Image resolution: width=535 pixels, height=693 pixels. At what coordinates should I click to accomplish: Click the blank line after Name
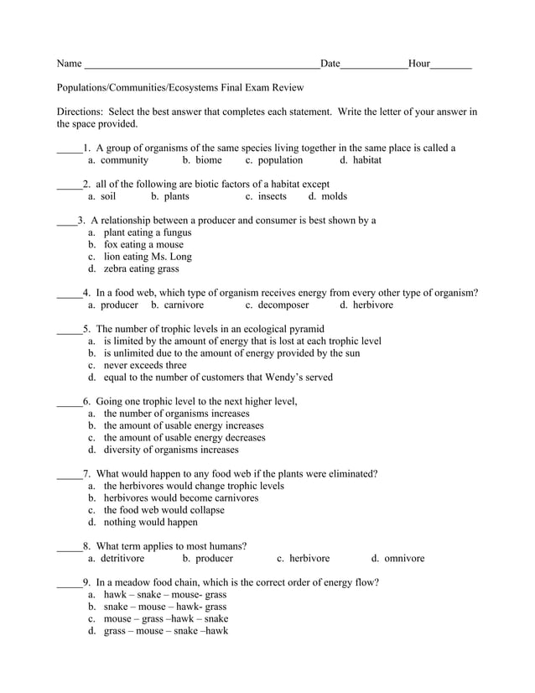click(x=201, y=65)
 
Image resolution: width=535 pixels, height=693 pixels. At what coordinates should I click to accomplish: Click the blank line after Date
click(x=374, y=65)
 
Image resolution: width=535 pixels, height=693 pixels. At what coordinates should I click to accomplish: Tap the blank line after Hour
click(x=451, y=65)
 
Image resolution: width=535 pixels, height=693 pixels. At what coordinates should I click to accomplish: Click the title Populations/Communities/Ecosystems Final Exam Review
click(x=180, y=87)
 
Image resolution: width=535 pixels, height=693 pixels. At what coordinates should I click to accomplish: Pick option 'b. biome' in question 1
click(x=202, y=160)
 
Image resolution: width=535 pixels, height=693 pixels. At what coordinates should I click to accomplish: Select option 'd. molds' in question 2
click(x=328, y=196)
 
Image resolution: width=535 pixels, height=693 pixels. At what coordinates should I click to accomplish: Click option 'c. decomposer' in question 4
click(x=278, y=305)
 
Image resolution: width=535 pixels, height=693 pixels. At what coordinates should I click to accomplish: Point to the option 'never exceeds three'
click(x=145, y=366)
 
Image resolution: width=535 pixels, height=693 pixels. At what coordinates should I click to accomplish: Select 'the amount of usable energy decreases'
click(x=184, y=438)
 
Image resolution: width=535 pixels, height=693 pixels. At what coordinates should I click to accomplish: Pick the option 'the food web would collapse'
click(x=164, y=510)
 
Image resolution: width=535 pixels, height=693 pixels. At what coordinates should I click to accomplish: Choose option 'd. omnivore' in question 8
click(x=398, y=559)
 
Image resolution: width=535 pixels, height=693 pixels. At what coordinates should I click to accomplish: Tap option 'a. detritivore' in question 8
click(x=117, y=559)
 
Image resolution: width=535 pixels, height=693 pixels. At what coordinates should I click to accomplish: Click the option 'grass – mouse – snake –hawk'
click(x=165, y=631)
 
